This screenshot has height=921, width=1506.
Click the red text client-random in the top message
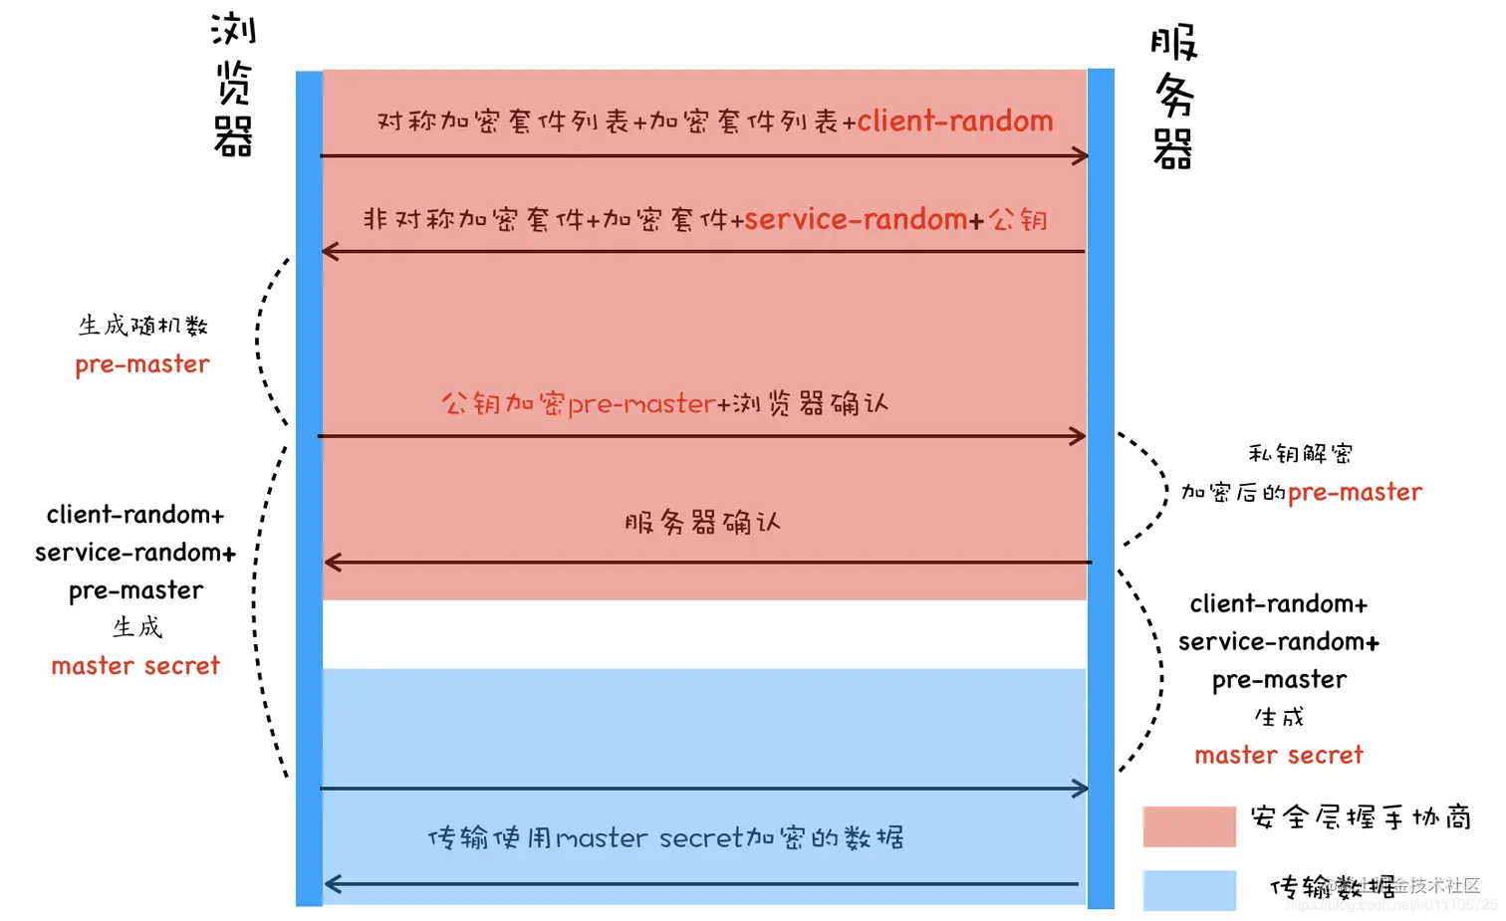click(954, 121)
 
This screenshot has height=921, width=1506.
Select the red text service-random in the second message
click(856, 219)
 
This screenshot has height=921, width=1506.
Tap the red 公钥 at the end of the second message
click(1018, 219)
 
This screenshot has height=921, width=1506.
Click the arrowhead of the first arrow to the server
click(1080, 155)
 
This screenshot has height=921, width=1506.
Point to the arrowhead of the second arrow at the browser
click(331, 251)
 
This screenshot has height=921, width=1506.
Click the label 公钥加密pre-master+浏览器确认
click(664, 403)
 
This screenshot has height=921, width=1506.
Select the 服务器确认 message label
click(702, 523)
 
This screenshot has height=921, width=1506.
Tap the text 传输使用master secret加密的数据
click(665, 837)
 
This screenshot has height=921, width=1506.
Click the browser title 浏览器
click(233, 85)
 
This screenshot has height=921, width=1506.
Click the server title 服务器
click(1173, 97)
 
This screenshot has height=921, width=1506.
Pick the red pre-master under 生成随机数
click(142, 364)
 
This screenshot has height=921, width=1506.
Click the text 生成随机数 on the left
click(142, 326)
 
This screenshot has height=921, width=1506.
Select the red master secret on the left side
click(135, 666)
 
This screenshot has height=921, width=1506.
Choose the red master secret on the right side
click(1278, 756)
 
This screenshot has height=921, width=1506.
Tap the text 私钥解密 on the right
click(1300, 454)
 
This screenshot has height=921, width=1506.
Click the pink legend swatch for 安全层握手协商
click(1189, 826)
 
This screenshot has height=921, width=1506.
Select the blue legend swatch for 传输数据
click(1189, 890)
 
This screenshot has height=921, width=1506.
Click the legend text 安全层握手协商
click(1361, 817)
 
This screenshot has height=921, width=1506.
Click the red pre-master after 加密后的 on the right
click(1355, 493)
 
